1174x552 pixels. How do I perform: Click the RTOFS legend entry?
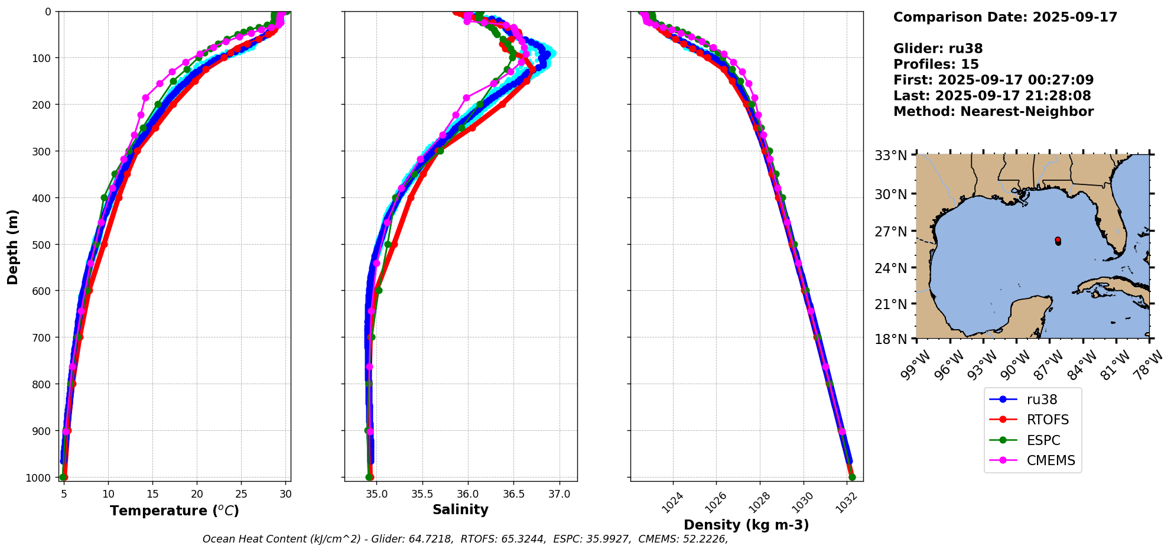[1048, 420]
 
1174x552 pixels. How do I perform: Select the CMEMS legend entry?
[1051, 460]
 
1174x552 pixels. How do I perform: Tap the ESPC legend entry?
[1043, 440]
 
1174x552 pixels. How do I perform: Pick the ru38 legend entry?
[1042, 400]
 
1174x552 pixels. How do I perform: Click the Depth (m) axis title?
[12, 246]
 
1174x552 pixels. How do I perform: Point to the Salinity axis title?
[460, 510]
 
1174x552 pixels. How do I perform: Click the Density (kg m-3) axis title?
[746, 525]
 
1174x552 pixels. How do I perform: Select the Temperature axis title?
[174, 511]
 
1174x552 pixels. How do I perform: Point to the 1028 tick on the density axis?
[759, 502]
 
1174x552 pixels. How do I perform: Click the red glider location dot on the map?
[1058, 240]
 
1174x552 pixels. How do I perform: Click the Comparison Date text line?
[1005, 17]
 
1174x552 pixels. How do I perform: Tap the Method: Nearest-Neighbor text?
[993, 112]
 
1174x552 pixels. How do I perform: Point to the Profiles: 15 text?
[936, 64]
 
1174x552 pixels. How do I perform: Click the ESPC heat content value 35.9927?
[607, 539]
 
